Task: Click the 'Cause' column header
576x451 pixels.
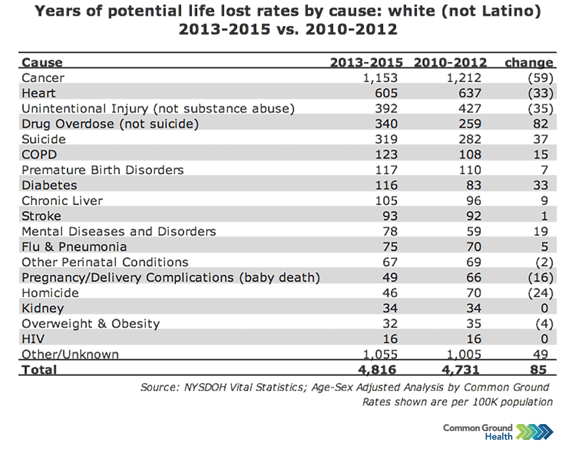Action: pos(42,62)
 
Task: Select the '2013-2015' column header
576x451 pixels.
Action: pos(366,62)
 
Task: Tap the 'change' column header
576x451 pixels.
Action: pos(528,62)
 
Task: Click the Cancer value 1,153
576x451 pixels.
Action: pos(380,78)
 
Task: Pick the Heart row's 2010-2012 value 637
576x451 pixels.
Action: pos(469,93)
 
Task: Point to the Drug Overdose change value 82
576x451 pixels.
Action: pos(540,124)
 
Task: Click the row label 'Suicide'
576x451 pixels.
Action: pos(43,139)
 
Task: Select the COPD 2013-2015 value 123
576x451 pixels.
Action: pos(386,155)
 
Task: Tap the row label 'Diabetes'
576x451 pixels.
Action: pos(49,185)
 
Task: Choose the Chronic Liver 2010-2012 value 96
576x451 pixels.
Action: pos(473,201)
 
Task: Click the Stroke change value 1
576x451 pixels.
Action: pos(544,216)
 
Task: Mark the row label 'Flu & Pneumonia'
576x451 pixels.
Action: pos(74,247)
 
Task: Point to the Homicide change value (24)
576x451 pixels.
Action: pos(540,293)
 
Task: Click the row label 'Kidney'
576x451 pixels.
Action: pos(43,308)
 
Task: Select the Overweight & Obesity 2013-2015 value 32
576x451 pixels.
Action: pos(390,324)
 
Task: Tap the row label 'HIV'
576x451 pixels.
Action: pos(33,339)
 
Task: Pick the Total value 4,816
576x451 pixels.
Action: pos(377,370)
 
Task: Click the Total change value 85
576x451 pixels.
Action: pos(538,370)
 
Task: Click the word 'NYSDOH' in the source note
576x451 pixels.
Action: pos(205,387)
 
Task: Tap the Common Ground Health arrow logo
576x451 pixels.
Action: pos(534,432)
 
